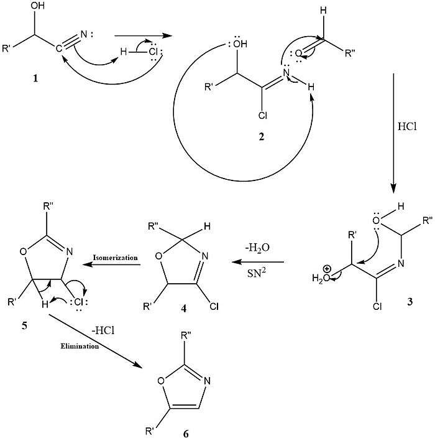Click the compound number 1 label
click(x=35, y=78)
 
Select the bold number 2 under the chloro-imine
click(x=262, y=137)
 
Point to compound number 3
click(x=410, y=302)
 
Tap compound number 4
click(x=184, y=309)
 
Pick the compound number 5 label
click(x=24, y=326)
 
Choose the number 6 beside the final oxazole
click(x=186, y=434)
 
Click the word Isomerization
click(x=116, y=258)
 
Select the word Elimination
click(x=80, y=346)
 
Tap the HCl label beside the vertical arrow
click(x=407, y=126)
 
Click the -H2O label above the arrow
click(x=257, y=248)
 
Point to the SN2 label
click(x=257, y=273)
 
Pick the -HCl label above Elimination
click(x=103, y=330)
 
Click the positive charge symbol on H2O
click(x=327, y=268)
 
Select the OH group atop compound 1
click(x=37, y=6)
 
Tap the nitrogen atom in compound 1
click(x=84, y=34)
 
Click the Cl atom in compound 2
click(x=262, y=115)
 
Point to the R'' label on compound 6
click(x=186, y=335)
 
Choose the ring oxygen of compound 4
click(x=159, y=256)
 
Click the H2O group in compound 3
click(x=321, y=278)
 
